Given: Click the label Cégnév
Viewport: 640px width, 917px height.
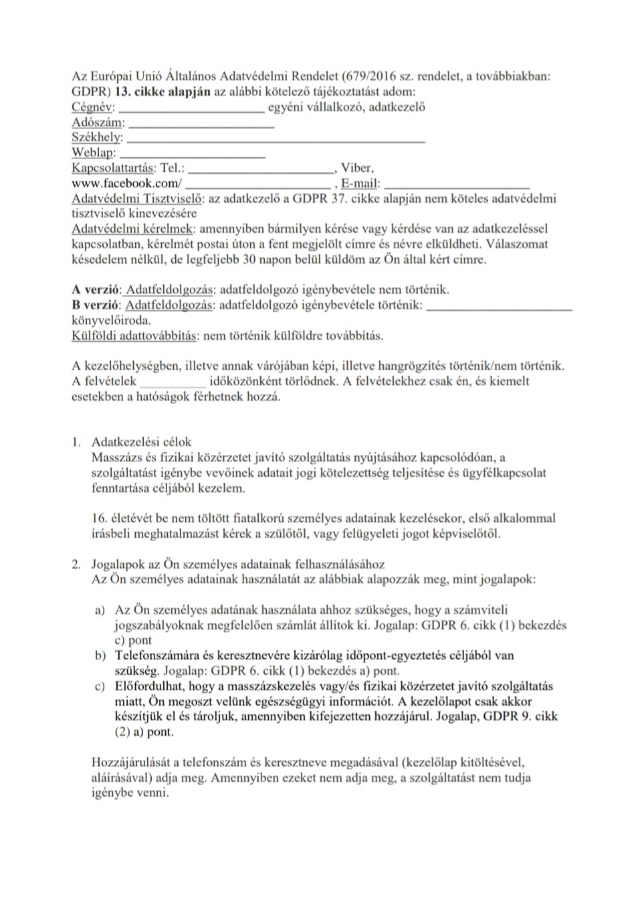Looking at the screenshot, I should [92, 107].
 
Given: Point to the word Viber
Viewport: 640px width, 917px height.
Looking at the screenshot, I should [357, 168].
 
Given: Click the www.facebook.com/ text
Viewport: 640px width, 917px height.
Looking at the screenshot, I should [126, 183].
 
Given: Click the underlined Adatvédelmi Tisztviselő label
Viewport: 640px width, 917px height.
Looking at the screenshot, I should [138, 199].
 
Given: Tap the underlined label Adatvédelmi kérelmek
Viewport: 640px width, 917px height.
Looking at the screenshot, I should [134, 229].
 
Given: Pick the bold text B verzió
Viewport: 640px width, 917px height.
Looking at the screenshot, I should [96, 305].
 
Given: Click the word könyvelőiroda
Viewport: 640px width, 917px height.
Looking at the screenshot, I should [111, 320].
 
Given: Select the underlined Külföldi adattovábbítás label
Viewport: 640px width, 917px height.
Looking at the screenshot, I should [134, 335].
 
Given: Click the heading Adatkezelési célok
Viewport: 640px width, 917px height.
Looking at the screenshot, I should [141, 442].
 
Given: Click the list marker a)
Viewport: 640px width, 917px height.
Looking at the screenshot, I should [100, 610].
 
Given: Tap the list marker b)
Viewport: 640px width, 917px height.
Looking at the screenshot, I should [100, 655].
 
